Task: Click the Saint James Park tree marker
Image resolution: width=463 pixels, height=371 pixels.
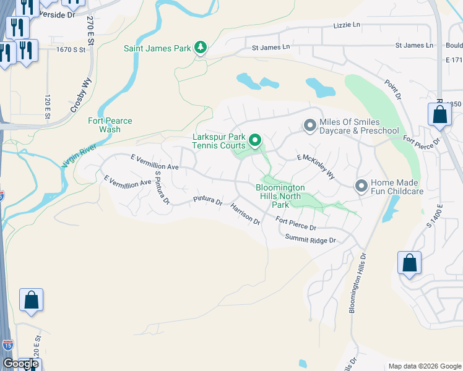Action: (200, 48)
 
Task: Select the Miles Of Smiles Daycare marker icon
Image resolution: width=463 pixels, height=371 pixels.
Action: (309, 126)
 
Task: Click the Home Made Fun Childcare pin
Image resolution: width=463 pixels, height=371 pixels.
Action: (361, 185)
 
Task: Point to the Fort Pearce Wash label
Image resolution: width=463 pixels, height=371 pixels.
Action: (110, 125)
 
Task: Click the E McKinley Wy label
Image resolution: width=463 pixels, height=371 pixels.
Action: (316, 167)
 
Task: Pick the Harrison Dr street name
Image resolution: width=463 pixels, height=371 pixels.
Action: (246, 214)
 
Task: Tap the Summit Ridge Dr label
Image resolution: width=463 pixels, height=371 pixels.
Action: (310, 239)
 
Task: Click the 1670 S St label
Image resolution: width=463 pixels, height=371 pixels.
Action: (70, 49)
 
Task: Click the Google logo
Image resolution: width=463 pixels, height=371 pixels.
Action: (20, 364)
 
